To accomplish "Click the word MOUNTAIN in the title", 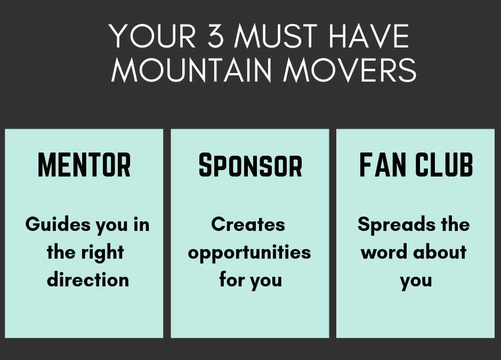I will [192, 70].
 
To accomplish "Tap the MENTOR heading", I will [84, 165].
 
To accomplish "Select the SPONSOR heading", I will [250, 165].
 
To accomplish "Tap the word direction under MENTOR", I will [88, 280].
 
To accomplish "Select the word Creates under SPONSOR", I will [248, 225].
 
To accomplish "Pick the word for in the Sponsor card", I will [232, 280].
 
